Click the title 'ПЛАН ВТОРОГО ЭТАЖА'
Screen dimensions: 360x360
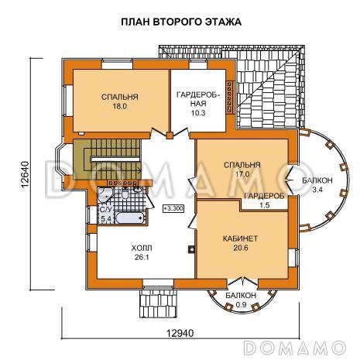pos(181,22)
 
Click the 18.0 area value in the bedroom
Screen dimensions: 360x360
pos(119,108)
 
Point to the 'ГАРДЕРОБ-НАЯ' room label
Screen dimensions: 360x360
pos(198,98)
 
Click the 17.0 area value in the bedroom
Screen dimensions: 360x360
pos(242,175)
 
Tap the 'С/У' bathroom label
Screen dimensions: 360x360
pos(105,211)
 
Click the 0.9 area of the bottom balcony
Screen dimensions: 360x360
pos(241,304)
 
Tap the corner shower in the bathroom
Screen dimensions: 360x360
pos(108,193)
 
